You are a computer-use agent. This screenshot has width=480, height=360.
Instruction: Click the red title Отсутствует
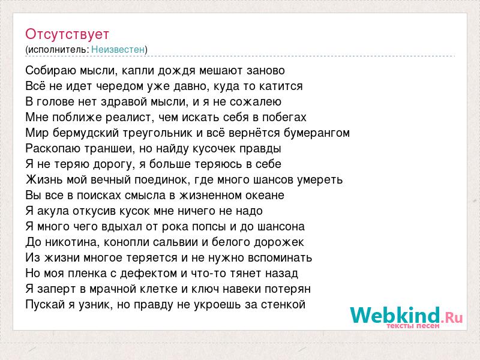pos(67,34)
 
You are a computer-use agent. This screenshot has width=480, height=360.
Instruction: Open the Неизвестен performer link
pos(118,49)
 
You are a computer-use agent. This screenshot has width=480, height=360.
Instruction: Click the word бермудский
pos(86,133)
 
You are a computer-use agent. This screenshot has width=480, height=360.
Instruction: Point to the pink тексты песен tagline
pos(413,326)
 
